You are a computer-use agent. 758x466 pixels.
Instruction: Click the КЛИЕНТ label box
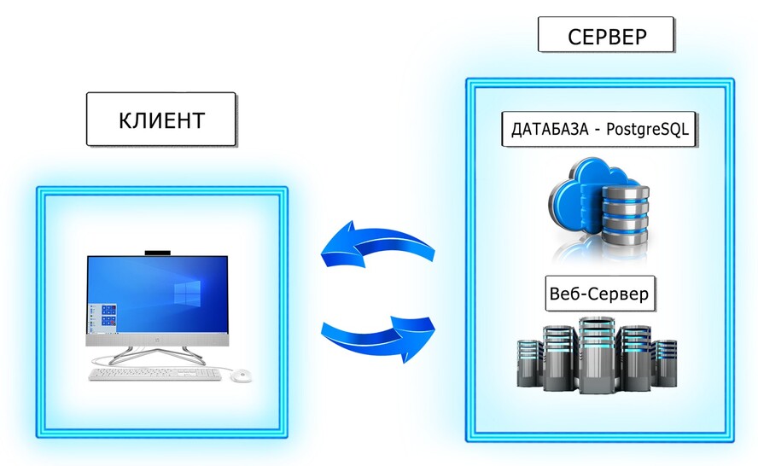161,119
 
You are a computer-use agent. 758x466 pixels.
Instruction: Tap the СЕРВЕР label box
607,37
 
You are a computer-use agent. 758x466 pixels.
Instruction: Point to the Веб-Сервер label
598,295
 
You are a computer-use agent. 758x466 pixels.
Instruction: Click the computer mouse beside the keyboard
241,375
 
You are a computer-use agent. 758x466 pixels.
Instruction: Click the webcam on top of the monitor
157,253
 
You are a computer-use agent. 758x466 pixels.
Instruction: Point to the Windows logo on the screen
185,293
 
